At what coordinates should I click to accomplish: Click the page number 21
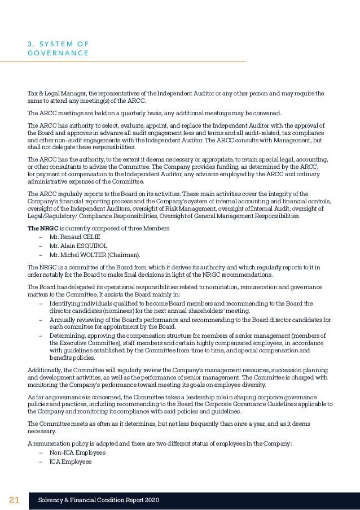pyautogui.click(x=15, y=500)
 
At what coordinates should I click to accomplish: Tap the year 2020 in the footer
pyautogui.click(x=151, y=500)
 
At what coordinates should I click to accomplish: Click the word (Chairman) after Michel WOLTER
pyautogui.click(x=124, y=255)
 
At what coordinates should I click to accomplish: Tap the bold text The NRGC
pyautogui.click(x=39, y=228)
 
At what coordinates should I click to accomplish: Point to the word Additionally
pyautogui.click(x=45, y=370)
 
